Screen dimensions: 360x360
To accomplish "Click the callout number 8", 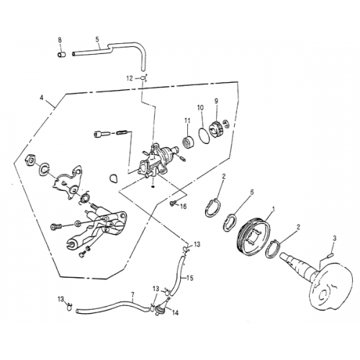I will (60, 40).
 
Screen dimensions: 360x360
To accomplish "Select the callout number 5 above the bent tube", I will (97, 40).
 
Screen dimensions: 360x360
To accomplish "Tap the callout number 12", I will (130, 77).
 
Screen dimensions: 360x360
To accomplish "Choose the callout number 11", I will (186, 120).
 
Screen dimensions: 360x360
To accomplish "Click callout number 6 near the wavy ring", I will (251, 193).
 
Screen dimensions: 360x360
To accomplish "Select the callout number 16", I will (183, 207).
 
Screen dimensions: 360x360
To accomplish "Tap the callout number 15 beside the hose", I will (190, 277).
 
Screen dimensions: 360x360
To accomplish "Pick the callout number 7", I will (132, 294).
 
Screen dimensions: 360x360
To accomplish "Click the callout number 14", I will (176, 314).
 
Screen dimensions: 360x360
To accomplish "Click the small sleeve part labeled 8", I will (62, 53).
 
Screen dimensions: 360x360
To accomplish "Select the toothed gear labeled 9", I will (215, 130).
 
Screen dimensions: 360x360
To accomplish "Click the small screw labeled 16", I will (171, 204).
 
